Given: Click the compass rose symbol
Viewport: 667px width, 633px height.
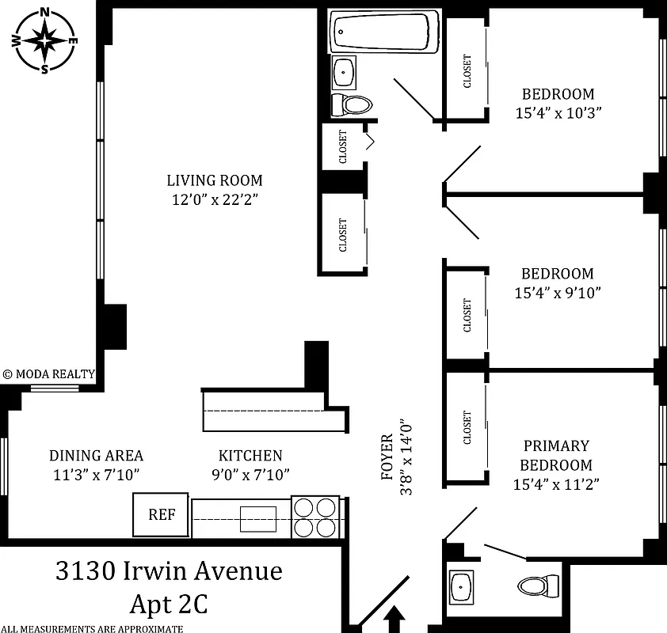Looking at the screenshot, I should pos(45,39).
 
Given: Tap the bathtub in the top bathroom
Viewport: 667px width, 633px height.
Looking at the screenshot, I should pos(384,32).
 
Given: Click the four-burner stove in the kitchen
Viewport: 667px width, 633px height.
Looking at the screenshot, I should pos(315,517).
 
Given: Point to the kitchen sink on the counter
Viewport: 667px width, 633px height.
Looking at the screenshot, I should pos(258,519).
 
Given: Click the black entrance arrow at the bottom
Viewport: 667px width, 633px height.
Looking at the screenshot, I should pos(395,619).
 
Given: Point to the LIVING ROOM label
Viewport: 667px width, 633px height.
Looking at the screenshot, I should pos(214,180).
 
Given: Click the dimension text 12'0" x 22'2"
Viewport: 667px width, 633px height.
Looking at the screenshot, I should pos(214,199).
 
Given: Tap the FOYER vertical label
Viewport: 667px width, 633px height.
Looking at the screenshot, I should pos(387,457).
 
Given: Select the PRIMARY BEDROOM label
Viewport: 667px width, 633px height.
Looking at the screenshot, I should pos(556,456).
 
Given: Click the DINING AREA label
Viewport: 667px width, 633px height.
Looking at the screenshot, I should pos(96,456).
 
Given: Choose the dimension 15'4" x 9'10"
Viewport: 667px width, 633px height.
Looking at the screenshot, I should pos(557,293).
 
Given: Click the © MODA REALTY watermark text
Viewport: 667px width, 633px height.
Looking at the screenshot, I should pos(49,374).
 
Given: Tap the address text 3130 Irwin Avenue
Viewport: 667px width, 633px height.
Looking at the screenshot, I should pos(169,570).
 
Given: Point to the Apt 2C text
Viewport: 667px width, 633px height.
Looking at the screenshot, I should pos(169,605).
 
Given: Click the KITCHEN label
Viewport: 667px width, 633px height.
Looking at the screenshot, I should pos(250,456).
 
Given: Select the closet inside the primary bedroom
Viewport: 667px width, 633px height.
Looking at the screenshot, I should pos(466,427).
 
